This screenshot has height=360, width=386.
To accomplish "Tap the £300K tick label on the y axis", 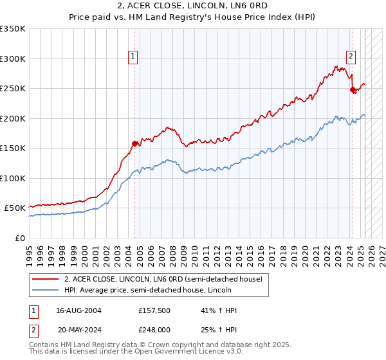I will (13, 59).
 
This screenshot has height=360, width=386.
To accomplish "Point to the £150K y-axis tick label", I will (13, 148).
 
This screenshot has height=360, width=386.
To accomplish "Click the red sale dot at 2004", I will (134, 143).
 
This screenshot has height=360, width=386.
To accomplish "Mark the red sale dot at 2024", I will (352, 90).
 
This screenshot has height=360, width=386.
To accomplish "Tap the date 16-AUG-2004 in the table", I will (79, 310).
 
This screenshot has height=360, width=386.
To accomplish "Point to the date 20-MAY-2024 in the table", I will (79, 330).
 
